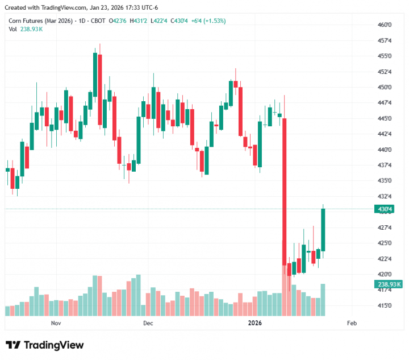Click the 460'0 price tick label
tap(385, 25)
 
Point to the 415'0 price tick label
tap(385, 305)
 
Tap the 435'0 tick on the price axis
tap(385, 181)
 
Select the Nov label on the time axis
tap(56, 324)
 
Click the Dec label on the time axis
tap(148, 324)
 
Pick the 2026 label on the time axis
tap(254, 324)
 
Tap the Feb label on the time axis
tap(351, 324)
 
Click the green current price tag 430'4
tap(385, 209)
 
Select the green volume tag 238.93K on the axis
tap(389, 284)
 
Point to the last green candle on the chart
tap(323, 230)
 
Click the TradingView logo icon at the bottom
tap(13, 345)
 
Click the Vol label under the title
tap(12, 29)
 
